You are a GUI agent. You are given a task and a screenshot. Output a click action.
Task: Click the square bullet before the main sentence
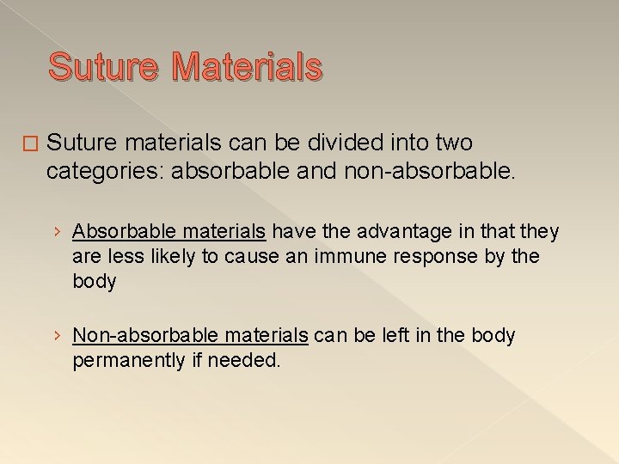click(x=31, y=143)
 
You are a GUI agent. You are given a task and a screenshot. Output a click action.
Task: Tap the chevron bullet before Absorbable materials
click(x=56, y=232)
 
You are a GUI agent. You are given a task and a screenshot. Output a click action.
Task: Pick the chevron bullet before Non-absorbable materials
click(x=56, y=336)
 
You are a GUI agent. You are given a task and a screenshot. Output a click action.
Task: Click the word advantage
click(x=401, y=231)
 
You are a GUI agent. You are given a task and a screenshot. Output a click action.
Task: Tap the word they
click(x=540, y=231)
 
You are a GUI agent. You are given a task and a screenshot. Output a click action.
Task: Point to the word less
click(x=120, y=255)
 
